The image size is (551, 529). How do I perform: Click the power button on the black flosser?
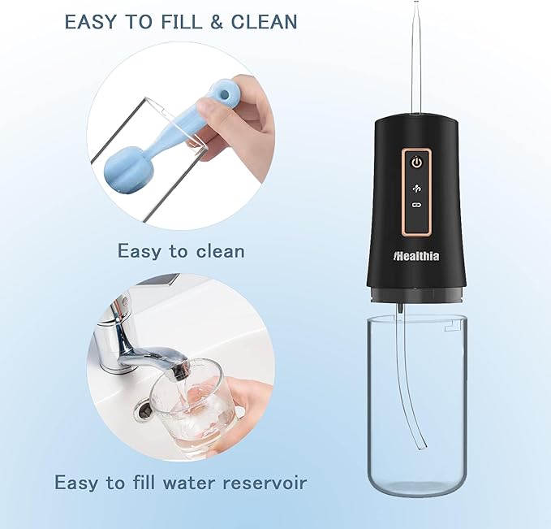[416, 162]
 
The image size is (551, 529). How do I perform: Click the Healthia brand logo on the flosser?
[416, 254]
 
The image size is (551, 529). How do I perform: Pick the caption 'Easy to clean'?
[181, 250]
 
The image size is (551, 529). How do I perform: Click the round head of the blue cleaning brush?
[124, 166]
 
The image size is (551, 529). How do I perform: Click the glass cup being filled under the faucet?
[195, 406]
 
